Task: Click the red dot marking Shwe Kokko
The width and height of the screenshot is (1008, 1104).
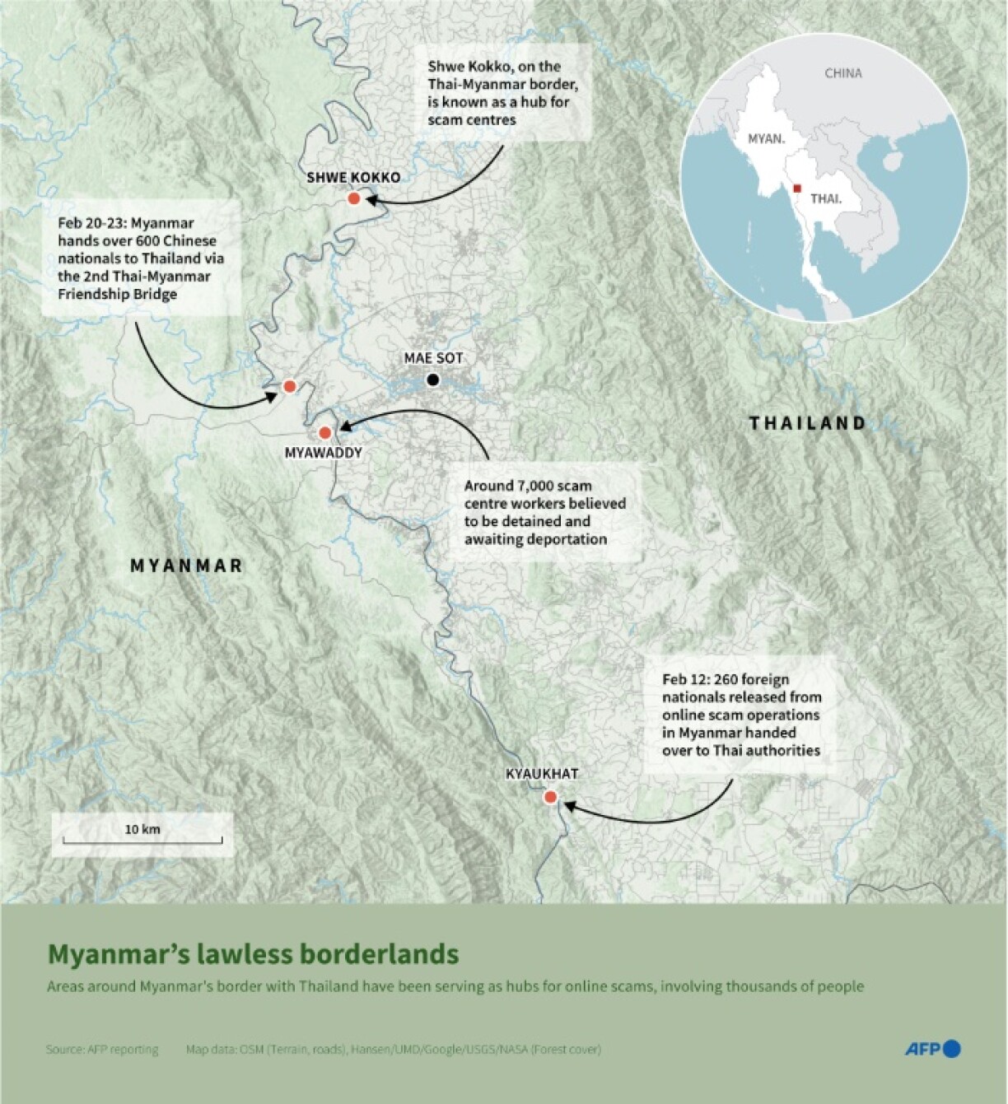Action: [x=354, y=198]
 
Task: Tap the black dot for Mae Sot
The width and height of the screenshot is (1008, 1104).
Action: [x=432, y=380]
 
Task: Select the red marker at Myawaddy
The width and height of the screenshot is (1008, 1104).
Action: [x=324, y=432]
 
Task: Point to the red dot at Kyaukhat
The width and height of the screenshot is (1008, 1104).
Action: [x=550, y=797]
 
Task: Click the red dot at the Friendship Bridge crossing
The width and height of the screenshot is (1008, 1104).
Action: [x=289, y=386]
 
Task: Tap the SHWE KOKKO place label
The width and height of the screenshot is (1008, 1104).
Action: [x=353, y=177]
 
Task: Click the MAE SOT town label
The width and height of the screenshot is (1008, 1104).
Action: [x=433, y=358]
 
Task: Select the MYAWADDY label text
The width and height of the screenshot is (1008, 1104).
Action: [x=323, y=453]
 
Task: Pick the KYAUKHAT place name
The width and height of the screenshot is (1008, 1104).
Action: [x=542, y=774]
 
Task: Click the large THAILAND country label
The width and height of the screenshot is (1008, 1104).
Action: [x=807, y=423]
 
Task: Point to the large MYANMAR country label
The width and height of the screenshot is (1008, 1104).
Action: [x=187, y=566]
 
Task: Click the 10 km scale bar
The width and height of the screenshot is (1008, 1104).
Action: [x=142, y=840]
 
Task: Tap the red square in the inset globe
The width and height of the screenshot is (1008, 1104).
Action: [x=796, y=189]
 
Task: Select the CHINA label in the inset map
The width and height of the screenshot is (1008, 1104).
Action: [x=843, y=73]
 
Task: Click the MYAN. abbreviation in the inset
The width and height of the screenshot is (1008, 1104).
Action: [x=766, y=139]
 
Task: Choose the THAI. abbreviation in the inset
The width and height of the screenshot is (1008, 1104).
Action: [x=826, y=199]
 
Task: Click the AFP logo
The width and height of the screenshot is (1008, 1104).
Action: [x=932, y=1049]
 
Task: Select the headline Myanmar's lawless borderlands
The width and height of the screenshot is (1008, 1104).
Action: [x=253, y=954]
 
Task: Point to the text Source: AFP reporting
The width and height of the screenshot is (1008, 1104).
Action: [x=102, y=1050]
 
